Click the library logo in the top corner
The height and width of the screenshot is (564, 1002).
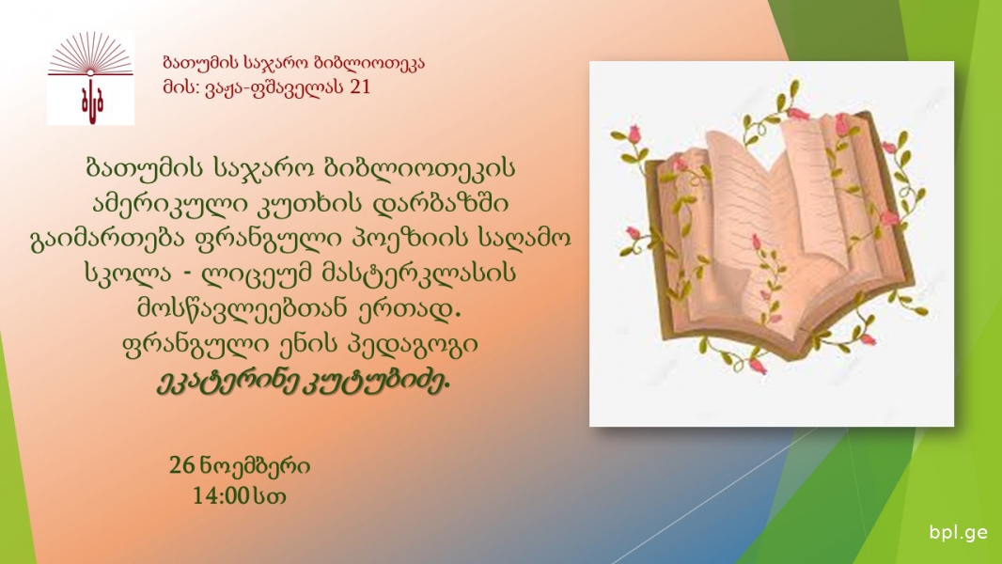[91, 78]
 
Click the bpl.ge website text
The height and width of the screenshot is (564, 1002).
[959, 532]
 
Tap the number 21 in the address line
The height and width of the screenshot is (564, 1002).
[360, 86]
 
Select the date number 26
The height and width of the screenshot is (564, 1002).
[181, 465]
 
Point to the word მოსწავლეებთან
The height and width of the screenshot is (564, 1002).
[252, 309]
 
